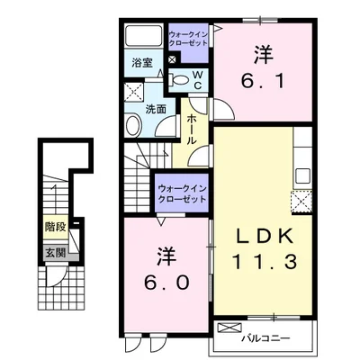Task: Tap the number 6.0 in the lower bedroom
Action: click(168, 281)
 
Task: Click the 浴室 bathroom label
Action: click(142, 64)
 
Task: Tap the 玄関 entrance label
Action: click(56, 251)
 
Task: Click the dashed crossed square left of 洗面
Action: click(131, 90)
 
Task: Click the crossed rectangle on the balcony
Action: click(229, 328)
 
